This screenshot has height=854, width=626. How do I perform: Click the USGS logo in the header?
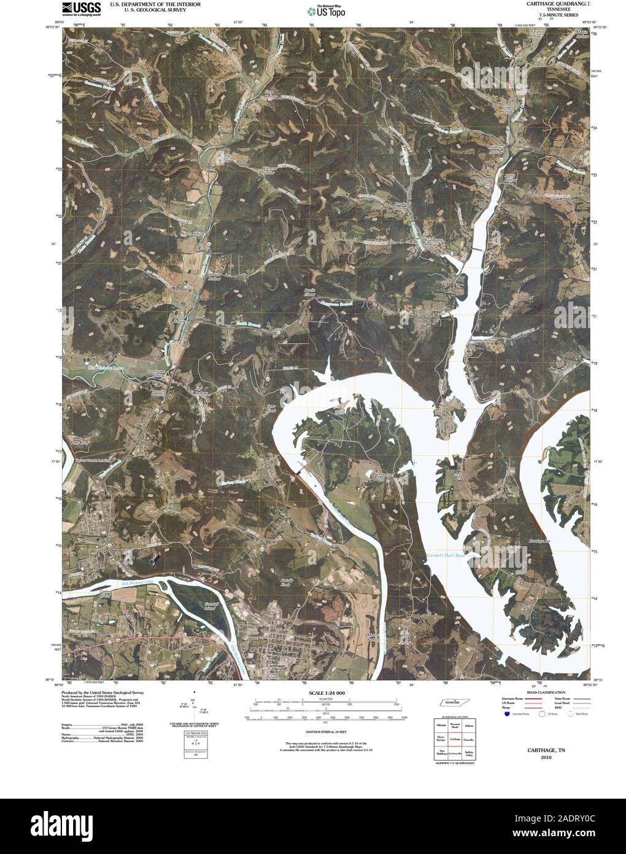coord(81,9)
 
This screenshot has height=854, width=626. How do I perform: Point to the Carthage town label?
coord(271,665)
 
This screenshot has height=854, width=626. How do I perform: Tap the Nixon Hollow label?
coord(189,234)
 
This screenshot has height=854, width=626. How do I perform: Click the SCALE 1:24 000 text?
coord(322,693)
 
